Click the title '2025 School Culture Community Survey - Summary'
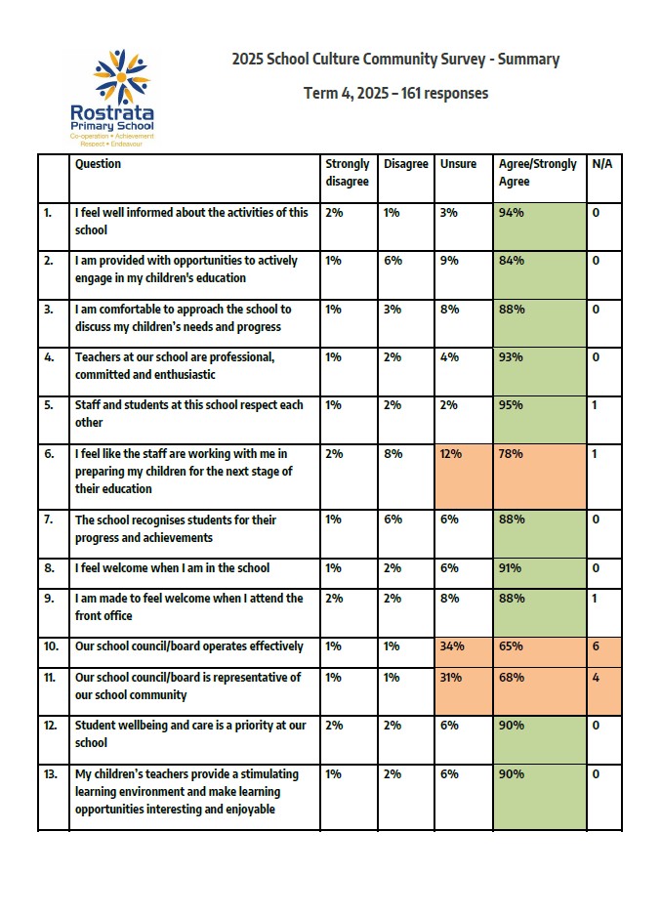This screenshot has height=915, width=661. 395,60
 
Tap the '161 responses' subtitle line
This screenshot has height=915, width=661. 395,94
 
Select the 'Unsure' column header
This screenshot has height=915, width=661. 458,164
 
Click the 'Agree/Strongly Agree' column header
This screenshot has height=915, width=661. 538,173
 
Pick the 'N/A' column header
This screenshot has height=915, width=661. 602,164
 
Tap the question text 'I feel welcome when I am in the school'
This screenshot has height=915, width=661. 172,568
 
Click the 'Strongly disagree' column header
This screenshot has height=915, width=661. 348,173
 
